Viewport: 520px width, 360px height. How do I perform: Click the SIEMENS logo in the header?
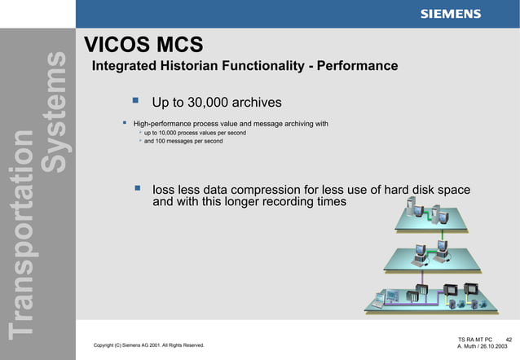[450, 14]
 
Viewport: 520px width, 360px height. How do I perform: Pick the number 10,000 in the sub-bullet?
[174, 133]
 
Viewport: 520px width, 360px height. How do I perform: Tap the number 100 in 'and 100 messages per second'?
[163, 142]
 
